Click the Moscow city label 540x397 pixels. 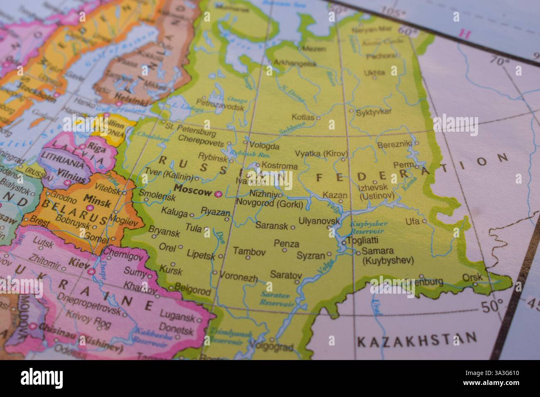point(194,191)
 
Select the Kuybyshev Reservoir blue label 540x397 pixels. point(368,227)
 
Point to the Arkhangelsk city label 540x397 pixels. point(295,64)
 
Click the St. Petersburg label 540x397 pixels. point(191,129)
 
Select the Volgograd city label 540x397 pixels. point(273,347)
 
